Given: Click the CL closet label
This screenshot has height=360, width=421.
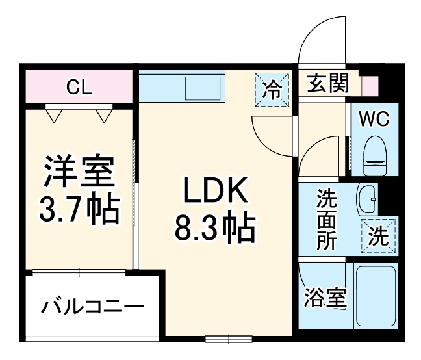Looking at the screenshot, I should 80,86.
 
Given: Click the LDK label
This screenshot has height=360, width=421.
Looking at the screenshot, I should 214,191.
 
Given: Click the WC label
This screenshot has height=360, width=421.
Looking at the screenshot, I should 374,120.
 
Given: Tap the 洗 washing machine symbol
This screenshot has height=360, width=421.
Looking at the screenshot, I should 377,235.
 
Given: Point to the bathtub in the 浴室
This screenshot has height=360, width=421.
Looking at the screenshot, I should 376,296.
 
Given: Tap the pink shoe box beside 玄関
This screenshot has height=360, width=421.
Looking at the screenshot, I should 370,85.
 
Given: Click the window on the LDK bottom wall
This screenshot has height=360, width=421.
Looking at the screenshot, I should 228,338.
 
